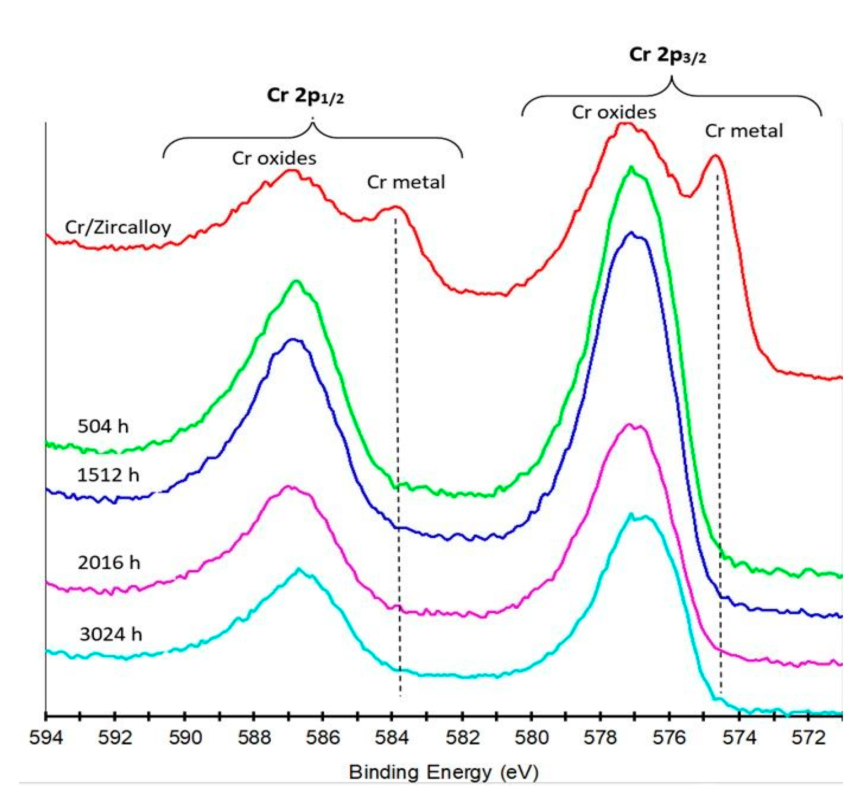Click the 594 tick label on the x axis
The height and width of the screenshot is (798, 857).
click(x=46, y=738)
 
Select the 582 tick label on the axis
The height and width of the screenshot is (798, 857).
click(x=462, y=738)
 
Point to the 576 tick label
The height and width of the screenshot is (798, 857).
click(x=669, y=738)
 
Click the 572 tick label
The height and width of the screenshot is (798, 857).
click(x=808, y=738)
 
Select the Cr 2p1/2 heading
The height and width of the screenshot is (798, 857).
click(x=305, y=96)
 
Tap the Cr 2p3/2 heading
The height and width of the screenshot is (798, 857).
click(x=667, y=55)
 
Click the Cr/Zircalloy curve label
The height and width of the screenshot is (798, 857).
click(x=118, y=227)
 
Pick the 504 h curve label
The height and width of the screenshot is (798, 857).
click(x=103, y=426)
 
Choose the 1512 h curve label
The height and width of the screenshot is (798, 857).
click(x=108, y=475)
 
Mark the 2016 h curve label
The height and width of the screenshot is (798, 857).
click(x=108, y=563)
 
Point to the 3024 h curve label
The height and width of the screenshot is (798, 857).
click(x=111, y=634)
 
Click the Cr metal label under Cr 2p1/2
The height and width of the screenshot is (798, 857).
click(x=406, y=182)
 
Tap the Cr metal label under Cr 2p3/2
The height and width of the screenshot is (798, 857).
click(x=744, y=131)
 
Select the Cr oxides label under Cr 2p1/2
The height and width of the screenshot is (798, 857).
click(x=274, y=158)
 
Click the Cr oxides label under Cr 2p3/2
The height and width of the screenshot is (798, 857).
click(x=614, y=112)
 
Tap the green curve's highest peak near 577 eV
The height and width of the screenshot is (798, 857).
click(x=632, y=168)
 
